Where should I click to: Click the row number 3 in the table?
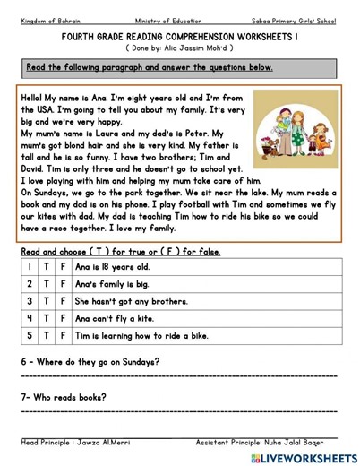pyautogui.click(x=30, y=302)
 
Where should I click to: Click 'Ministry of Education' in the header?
pyautogui.click(x=168, y=20)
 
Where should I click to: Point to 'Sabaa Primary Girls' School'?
pyautogui.click(x=293, y=20)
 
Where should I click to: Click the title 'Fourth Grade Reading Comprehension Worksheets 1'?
pyautogui.click(x=179, y=37)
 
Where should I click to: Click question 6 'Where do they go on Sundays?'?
pyautogui.click(x=90, y=362)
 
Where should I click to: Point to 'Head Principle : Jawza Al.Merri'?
pyautogui.click(x=79, y=442)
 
